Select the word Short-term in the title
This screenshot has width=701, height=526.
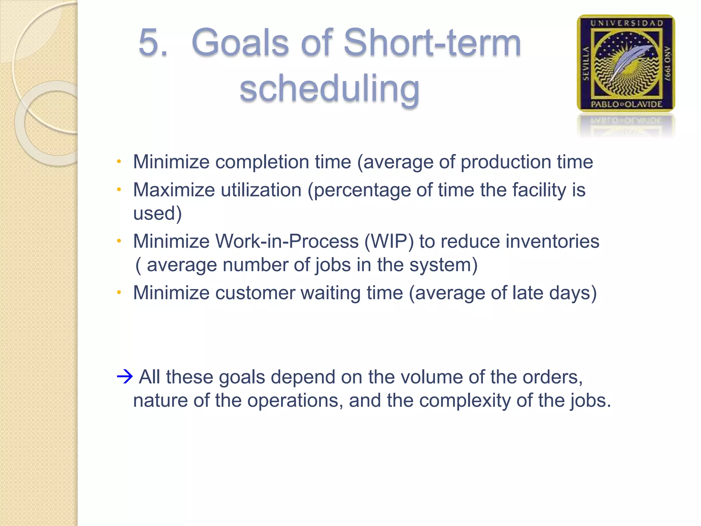click(x=432, y=43)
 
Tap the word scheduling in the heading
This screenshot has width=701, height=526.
click(x=329, y=88)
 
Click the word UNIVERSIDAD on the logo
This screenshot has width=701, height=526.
click(x=626, y=23)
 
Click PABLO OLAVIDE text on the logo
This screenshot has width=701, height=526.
click(x=626, y=104)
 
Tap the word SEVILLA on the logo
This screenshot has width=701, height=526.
click(x=586, y=64)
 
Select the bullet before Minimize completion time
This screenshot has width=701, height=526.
click(x=119, y=161)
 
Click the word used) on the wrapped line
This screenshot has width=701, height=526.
click(x=157, y=213)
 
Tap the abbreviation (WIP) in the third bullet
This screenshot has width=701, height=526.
click(x=389, y=241)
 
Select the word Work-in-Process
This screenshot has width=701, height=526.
click(x=287, y=241)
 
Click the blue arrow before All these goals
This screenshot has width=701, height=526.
click(x=125, y=377)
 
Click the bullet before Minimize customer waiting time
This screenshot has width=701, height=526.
click(x=119, y=292)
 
